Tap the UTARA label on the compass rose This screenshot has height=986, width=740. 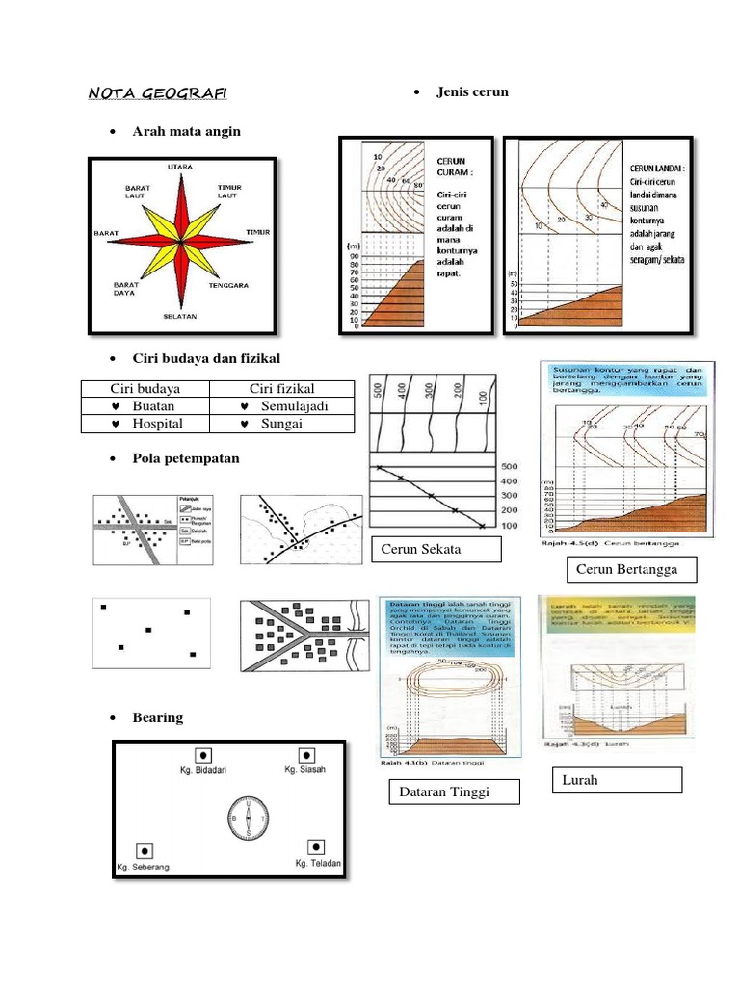180,167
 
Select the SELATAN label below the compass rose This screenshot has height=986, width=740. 180,316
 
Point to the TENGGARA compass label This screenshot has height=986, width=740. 229,285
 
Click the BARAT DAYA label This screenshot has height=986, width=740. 126,289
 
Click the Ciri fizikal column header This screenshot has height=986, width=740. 282,389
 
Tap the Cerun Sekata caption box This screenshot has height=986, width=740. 436,549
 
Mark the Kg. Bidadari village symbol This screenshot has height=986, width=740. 203,755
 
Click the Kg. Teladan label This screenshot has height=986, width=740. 318,864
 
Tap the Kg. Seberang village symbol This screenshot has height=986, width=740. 143,850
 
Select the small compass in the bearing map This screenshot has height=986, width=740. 249,818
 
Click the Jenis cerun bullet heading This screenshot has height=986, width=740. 472,91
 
